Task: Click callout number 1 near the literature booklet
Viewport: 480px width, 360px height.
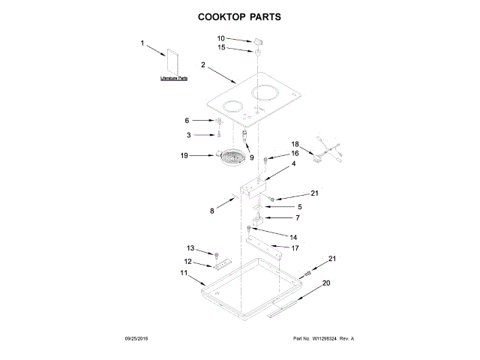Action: tap(142, 43)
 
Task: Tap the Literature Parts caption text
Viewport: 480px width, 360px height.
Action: tap(174, 78)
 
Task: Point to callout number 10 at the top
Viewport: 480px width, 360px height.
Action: tap(221, 37)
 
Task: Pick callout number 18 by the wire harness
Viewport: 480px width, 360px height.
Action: tap(295, 144)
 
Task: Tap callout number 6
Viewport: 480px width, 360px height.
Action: tap(187, 120)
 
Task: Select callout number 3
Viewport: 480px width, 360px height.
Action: tap(188, 135)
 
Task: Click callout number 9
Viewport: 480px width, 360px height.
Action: tap(252, 157)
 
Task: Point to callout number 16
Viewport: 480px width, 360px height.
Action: tap(274, 153)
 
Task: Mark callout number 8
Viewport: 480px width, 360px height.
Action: tap(211, 211)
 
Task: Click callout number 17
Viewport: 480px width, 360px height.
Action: tap(295, 247)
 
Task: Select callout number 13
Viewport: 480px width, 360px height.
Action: tap(190, 247)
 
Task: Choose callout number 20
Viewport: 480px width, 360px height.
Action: tap(326, 283)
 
